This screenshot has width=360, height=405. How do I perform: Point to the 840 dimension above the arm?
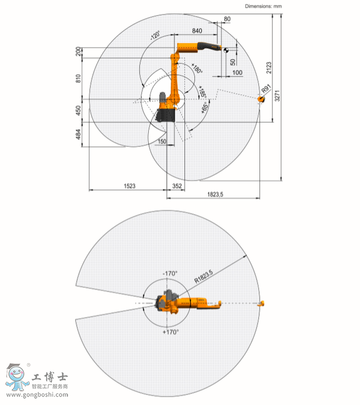coord(197,31)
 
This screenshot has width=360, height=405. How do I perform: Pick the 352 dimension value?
coord(177,185)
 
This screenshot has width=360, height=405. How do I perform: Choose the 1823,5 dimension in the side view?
coord(214,194)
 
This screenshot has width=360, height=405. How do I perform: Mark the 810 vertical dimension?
coord(78,78)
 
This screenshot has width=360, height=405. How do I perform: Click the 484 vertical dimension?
coord(78,135)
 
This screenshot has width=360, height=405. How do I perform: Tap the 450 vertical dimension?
coord(78,110)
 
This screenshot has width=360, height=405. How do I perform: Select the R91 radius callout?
coord(266,90)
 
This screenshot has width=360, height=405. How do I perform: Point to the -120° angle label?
coord(154,36)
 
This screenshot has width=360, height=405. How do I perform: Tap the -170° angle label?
coord(170,273)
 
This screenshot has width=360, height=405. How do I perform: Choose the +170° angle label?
coord(171,332)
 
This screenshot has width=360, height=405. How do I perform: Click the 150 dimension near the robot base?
coord(162,142)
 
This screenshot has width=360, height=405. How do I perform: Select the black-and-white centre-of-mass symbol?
coord(225,50)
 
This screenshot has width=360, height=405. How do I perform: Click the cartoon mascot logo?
coord(17,378)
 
